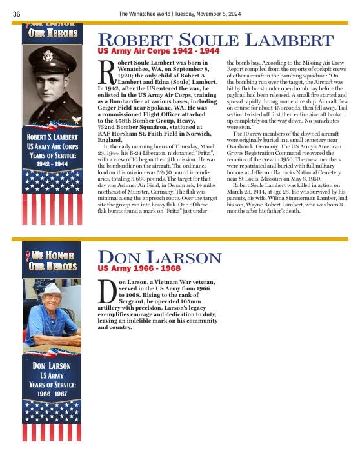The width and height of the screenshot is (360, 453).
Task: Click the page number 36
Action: pyautogui.click(x=17, y=14)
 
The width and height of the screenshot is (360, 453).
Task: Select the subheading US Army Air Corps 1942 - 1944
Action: pyautogui.click(x=158, y=50)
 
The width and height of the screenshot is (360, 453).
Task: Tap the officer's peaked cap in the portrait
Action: pyautogui.click(x=52, y=55)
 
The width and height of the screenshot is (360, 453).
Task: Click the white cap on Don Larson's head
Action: pyautogui.click(x=52, y=288)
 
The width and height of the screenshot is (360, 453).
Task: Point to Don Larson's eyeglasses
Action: pyautogui.click(x=51, y=299)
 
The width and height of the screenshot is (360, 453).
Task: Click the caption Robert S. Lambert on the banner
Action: pyautogui.click(x=52, y=137)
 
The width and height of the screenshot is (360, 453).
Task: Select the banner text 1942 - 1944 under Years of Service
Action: pyautogui.click(x=52, y=164)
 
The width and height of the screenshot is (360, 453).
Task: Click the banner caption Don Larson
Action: pyautogui.click(x=52, y=366)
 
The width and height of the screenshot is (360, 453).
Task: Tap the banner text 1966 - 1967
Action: pyautogui.click(x=52, y=393)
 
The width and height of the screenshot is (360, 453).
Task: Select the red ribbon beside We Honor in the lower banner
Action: pyautogui.click(x=27, y=256)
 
